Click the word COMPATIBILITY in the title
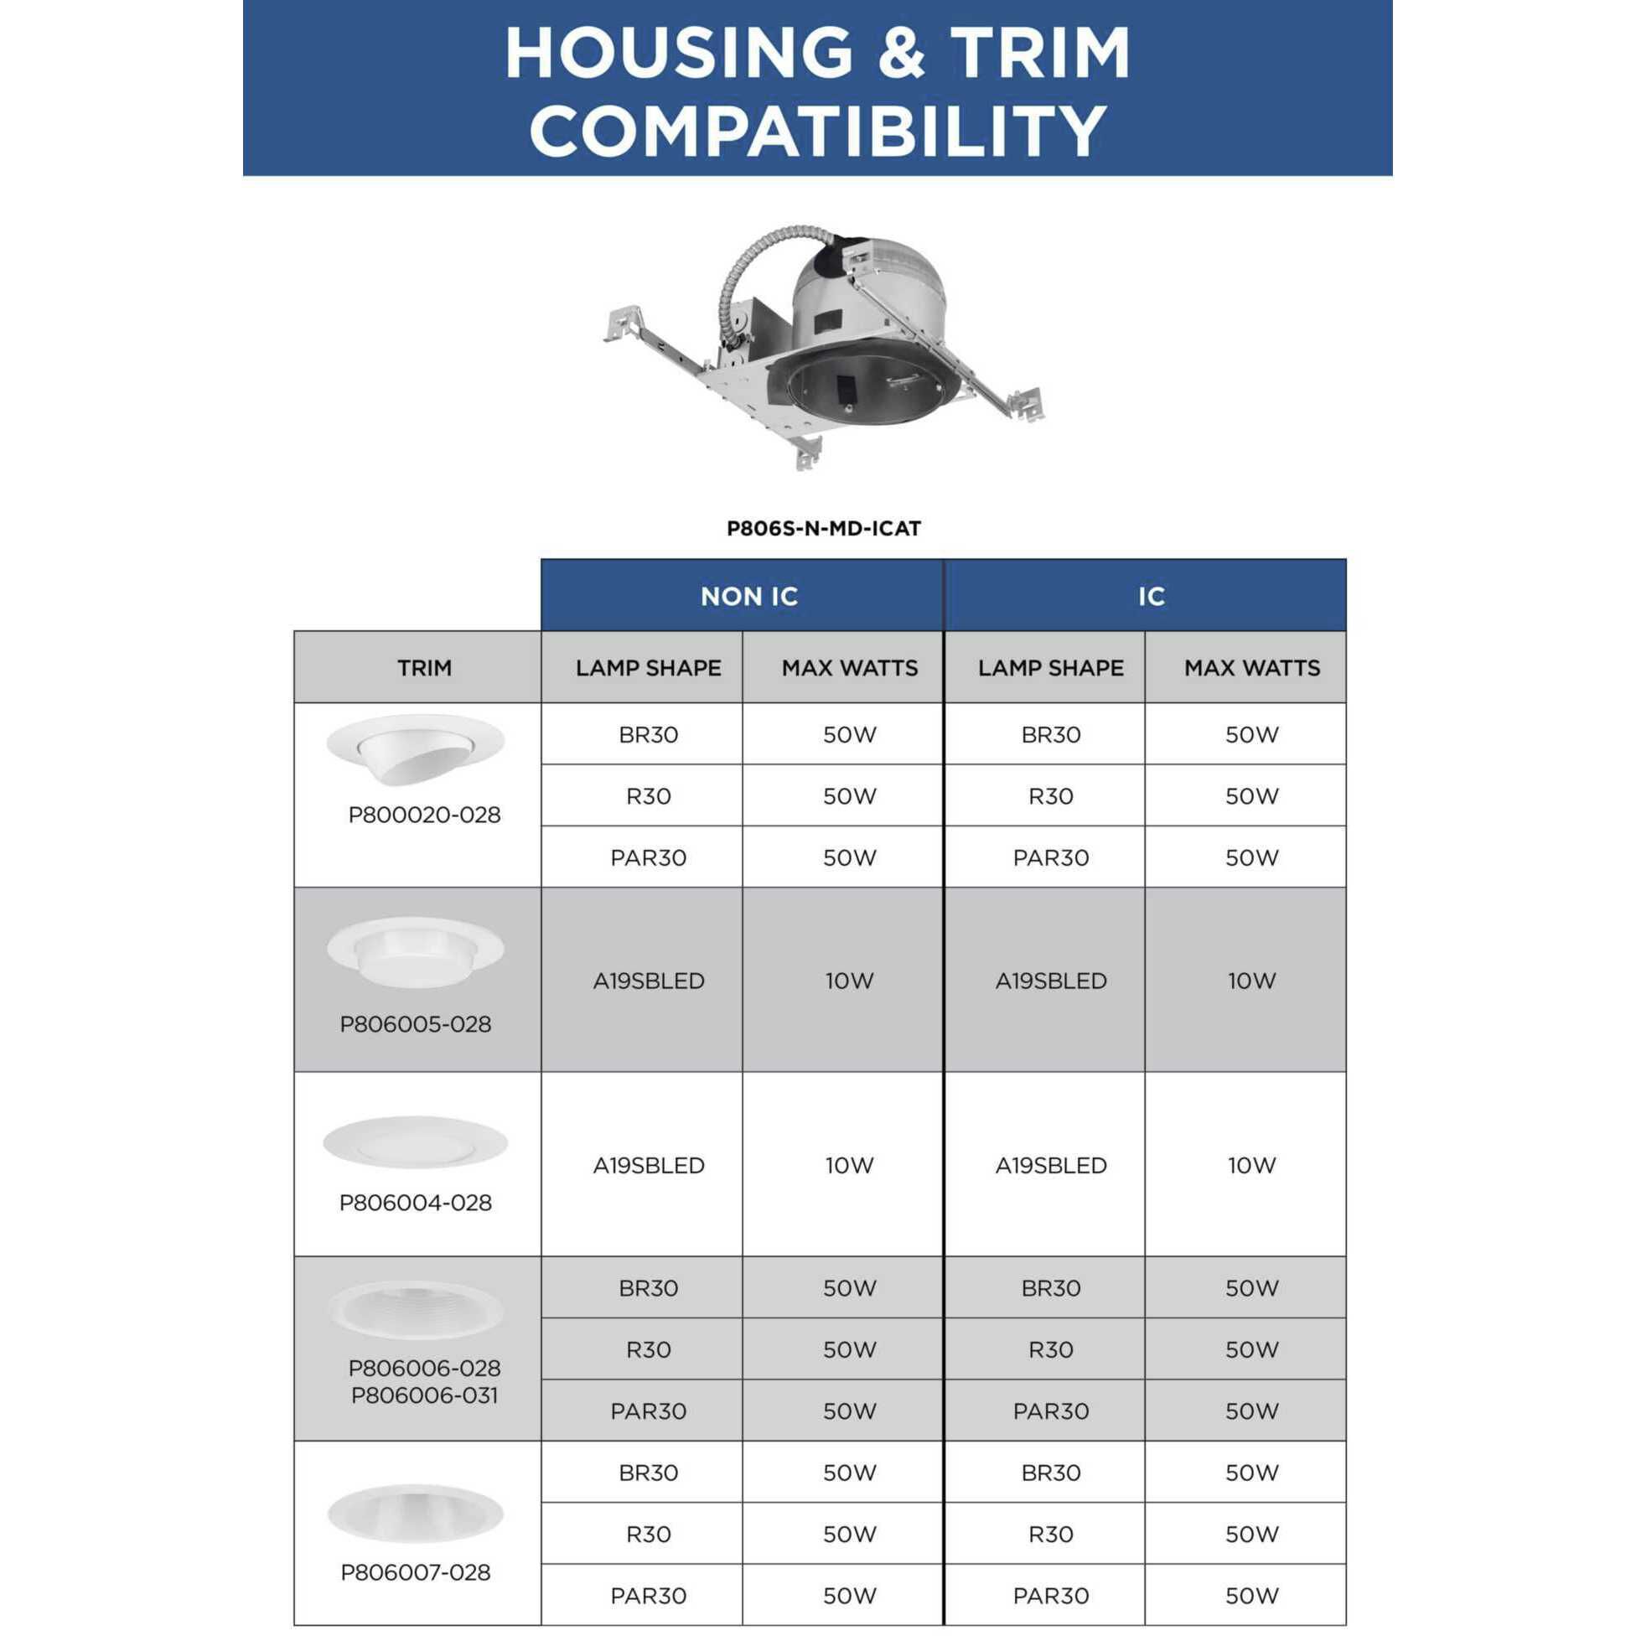pos(817,131)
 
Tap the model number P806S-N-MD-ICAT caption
pos(823,528)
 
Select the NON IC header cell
pos(748,596)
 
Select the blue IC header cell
pos(1151,596)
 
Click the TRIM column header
pos(424,668)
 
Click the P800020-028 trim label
pos(424,815)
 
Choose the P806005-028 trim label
pos(415,1025)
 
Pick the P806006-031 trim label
pos(424,1395)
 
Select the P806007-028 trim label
pos(415,1572)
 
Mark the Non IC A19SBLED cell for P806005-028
pos(649,981)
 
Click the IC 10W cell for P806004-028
pos(1251,1165)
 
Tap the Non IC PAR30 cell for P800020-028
pos(649,857)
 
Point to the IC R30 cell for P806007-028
pos(1050,1535)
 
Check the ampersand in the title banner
pos(902,53)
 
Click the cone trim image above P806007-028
pos(415,1513)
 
